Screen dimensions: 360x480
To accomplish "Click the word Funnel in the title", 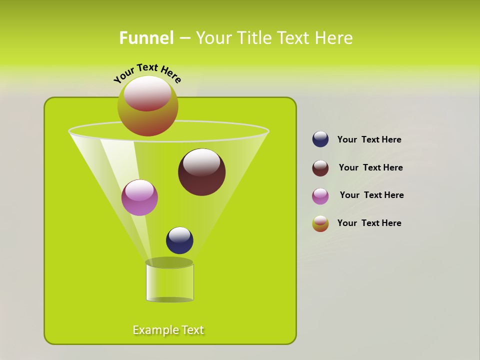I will pyautogui.click(x=146, y=38).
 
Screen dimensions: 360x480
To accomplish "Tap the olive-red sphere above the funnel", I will pyautogui.click(x=147, y=106).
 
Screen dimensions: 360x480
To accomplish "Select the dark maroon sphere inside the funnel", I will pyautogui.click(x=201, y=172).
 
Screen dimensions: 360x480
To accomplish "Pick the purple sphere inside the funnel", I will pyautogui.click(x=139, y=197).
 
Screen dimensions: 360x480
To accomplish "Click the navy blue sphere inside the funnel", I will pyautogui.click(x=179, y=240).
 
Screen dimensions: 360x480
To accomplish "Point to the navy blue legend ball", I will pyautogui.click(x=320, y=139).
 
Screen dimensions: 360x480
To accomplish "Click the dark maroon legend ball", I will pyautogui.click(x=320, y=168).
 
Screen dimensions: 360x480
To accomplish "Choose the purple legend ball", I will pyautogui.click(x=320, y=196).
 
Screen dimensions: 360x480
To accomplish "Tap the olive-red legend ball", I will pyautogui.click(x=320, y=223).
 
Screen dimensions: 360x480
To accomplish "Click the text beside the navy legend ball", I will pyautogui.click(x=369, y=139).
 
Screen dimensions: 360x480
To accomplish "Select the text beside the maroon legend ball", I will pyautogui.click(x=370, y=167).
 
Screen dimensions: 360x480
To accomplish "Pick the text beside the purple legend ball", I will pyautogui.click(x=371, y=195).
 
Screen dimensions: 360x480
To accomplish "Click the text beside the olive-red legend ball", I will pyautogui.click(x=369, y=223).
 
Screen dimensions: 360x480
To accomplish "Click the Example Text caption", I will pyautogui.click(x=168, y=330).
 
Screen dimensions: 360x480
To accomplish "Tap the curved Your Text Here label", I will pyautogui.click(x=147, y=73).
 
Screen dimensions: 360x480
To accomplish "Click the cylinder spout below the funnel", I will pyautogui.click(x=169, y=282).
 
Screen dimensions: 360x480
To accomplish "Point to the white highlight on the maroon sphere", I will pyautogui.click(x=201, y=162).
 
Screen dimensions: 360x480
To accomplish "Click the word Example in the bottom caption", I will pyautogui.click(x=155, y=330).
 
